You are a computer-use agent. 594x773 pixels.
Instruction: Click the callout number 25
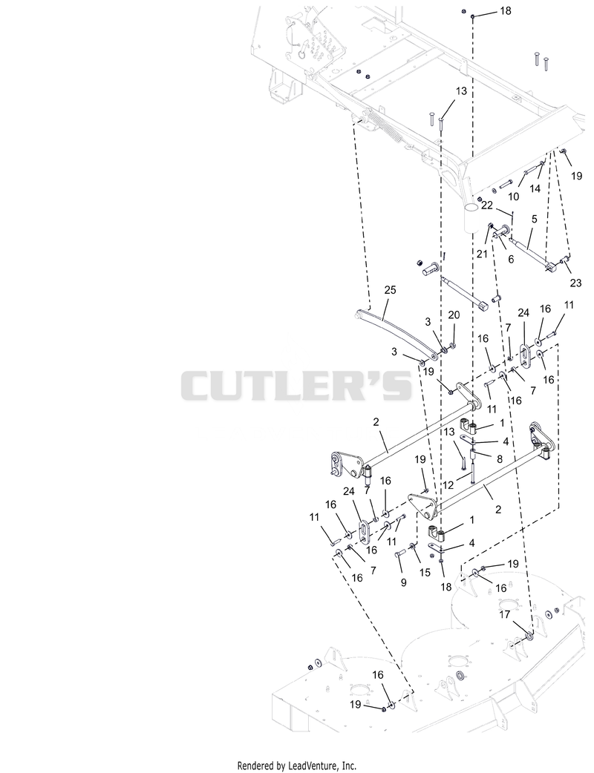point(390,290)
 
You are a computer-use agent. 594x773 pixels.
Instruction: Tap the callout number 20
point(454,315)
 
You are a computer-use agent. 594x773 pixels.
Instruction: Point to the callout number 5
point(534,220)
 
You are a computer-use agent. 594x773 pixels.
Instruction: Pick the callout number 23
point(575,283)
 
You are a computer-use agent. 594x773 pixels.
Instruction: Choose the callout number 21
point(482,254)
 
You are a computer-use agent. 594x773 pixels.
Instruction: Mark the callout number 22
point(487,205)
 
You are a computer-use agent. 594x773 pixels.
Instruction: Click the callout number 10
point(514,197)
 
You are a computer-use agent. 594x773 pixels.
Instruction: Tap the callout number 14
point(535,188)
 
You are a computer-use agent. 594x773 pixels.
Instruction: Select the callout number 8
point(499,458)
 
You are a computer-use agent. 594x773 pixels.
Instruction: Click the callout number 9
point(404,582)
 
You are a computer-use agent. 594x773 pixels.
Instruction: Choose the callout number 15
point(425,573)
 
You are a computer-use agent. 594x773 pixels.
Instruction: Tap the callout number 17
point(504,615)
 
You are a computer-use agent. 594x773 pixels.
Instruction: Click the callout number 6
point(511,259)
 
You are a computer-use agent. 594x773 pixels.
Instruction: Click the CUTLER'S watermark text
point(296,385)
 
